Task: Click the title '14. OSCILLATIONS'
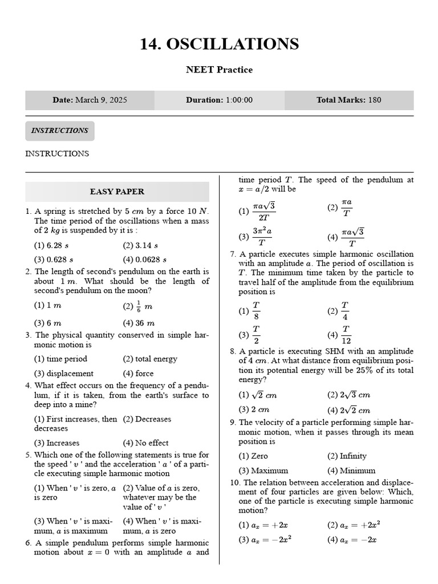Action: click(x=219, y=44)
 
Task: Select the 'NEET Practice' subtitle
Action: click(x=219, y=70)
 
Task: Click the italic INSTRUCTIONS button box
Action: click(x=59, y=131)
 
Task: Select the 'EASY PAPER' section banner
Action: click(x=117, y=192)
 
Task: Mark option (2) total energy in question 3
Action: click(x=150, y=359)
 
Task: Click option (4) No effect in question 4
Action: click(x=145, y=443)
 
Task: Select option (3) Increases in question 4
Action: click(x=56, y=443)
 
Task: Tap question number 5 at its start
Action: click(x=28, y=455)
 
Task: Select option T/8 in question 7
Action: click(x=250, y=311)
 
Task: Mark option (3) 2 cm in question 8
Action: click(x=254, y=409)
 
